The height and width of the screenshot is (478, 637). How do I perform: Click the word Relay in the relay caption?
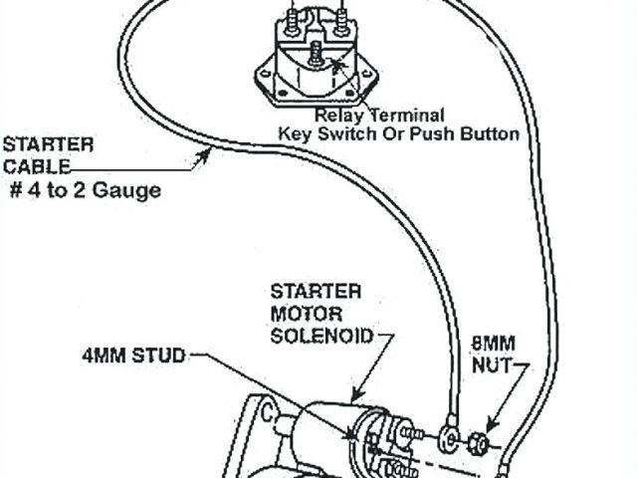pos(334,116)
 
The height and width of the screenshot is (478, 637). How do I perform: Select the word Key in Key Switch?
pos(294,133)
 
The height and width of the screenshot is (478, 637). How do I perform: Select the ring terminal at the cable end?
pos(444,434)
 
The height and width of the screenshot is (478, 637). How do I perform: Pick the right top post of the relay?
pos(341,16)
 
